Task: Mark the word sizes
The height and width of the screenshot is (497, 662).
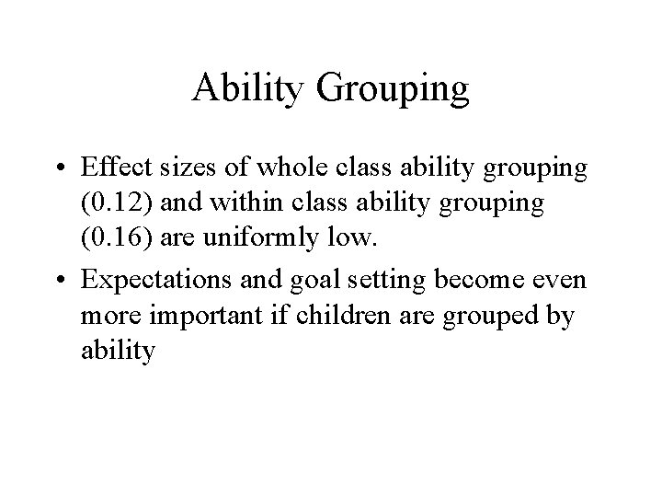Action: click(x=173, y=170)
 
